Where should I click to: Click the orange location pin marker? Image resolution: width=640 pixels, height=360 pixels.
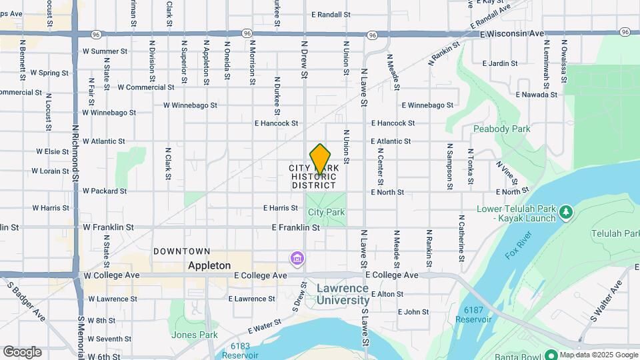[321, 159]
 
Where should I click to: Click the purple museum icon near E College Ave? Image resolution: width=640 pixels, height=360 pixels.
[297, 257]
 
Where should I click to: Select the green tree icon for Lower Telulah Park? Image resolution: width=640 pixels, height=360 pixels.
[565, 213]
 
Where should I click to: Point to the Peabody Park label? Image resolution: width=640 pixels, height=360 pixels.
[501, 129]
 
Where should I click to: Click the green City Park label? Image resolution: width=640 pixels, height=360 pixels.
[326, 213]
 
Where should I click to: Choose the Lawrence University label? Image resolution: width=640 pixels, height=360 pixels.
[343, 294]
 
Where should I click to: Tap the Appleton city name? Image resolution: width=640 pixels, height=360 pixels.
[209, 265]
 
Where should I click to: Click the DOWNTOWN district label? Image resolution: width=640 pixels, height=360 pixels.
[182, 251]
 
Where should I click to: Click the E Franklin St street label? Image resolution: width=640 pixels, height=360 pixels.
[296, 227]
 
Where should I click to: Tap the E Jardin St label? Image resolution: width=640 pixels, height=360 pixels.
[499, 64]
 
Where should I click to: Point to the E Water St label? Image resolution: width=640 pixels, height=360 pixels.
[265, 327]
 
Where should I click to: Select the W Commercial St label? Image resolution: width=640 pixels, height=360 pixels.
[146, 87]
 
